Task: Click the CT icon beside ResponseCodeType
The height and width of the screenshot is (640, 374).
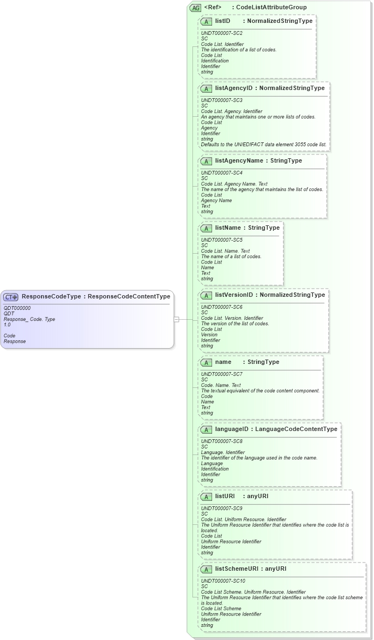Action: (x=11, y=297)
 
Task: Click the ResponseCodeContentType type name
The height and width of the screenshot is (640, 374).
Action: (x=129, y=296)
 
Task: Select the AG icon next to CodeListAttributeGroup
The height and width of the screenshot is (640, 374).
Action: (x=195, y=8)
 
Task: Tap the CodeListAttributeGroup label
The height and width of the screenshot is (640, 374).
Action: (x=271, y=7)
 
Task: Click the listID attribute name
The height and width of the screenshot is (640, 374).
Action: (x=222, y=21)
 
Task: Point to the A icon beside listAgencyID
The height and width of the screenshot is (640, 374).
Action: (x=207, y=88)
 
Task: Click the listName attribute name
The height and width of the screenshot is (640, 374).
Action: (x=227, y=228)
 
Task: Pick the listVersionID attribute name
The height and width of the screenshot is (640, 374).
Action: (x=234, y=295)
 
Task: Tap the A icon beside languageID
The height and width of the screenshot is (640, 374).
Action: (x=207, y=429)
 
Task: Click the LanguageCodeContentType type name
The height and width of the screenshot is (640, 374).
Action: (x=296, y=429)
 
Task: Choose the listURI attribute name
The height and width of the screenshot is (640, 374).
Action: (x=225, y=496)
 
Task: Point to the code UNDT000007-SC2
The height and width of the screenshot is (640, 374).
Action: (x=221, y=33)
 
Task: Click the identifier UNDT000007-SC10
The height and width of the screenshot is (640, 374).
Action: (x=223, y=581)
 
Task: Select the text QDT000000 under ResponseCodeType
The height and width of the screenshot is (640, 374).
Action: (x=17, y=308)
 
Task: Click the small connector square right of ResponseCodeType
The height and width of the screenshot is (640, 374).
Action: (x=176, y=319)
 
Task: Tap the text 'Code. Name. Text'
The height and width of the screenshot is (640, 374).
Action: (x=221, y=385)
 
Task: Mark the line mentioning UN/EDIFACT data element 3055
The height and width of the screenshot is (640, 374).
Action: (x=263, y=145)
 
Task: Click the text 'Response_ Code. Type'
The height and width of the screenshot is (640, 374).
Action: (x=29, y=319)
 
